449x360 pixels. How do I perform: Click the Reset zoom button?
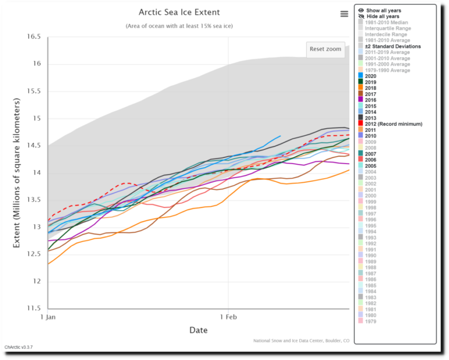coord(325,49)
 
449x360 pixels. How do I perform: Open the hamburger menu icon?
coord(344,14)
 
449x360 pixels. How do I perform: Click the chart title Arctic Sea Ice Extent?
coord(178,12)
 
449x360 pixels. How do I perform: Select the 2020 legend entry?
coord(370,76)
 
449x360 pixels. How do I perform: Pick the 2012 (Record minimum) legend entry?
coord(393,123)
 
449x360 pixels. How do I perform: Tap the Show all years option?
coord(383,10)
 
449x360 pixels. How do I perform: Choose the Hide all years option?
coord(383,16)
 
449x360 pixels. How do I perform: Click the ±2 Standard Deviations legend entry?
coord(392,46)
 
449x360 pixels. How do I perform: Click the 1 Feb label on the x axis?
coord(228,317)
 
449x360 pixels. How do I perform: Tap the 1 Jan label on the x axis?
coord(48,317)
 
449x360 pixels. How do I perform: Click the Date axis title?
coord(198,330)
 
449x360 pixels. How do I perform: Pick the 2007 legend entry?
coord(370,153)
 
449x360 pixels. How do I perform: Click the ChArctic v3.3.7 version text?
coord(18,347)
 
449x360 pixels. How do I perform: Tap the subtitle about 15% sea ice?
coord(178,26)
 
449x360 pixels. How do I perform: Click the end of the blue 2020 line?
coord(280,136)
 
